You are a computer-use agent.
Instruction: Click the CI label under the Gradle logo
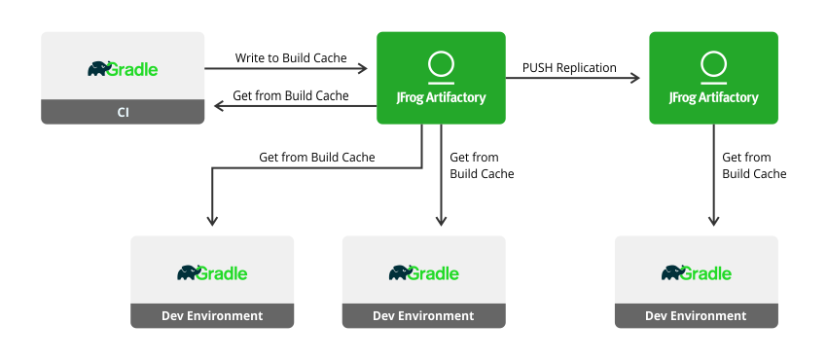pos(123,113)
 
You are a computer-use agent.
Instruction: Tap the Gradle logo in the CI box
pos(123,69)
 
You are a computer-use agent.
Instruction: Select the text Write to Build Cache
pos(291,58)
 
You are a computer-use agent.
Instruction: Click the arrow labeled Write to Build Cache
pos(286,69)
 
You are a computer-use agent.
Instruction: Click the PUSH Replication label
pos(569,67)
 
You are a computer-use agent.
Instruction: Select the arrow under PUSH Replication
pos(574,78)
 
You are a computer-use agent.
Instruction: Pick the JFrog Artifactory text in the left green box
pos(441,97)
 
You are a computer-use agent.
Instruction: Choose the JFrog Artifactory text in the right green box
pos(713,97)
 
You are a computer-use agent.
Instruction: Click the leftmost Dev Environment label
pos(211,315)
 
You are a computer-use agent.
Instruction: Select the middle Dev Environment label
pos(423,315)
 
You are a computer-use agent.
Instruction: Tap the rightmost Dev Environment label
pos(696,315)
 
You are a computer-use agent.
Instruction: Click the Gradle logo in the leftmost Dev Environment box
pos(211,272)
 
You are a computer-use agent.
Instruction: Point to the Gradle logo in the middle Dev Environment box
pos(423,272)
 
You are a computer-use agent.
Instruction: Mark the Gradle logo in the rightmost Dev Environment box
pos(696,272)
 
